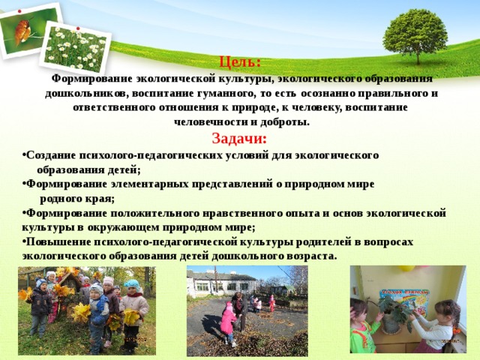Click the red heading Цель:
[x=240, y=62]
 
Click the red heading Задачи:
[x=239, y=138]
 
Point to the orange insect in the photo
[x=22, y=31]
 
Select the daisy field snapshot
[x=75, y=48]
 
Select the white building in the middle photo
[x=222, y=283]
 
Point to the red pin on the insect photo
[x=19, y=11]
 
